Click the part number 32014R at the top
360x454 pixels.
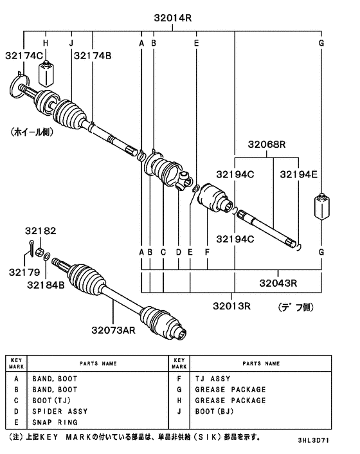[172, 19]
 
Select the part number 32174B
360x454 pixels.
[93, 56]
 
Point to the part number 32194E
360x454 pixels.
[298, 174]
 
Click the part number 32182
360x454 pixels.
[41, 230]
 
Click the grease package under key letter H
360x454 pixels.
[46, 75]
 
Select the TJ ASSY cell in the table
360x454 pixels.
[212, 379]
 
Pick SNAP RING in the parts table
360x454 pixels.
[55, 422]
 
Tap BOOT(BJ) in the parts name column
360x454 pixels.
[215, 411]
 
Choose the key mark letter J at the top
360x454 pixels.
[71, 42]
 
